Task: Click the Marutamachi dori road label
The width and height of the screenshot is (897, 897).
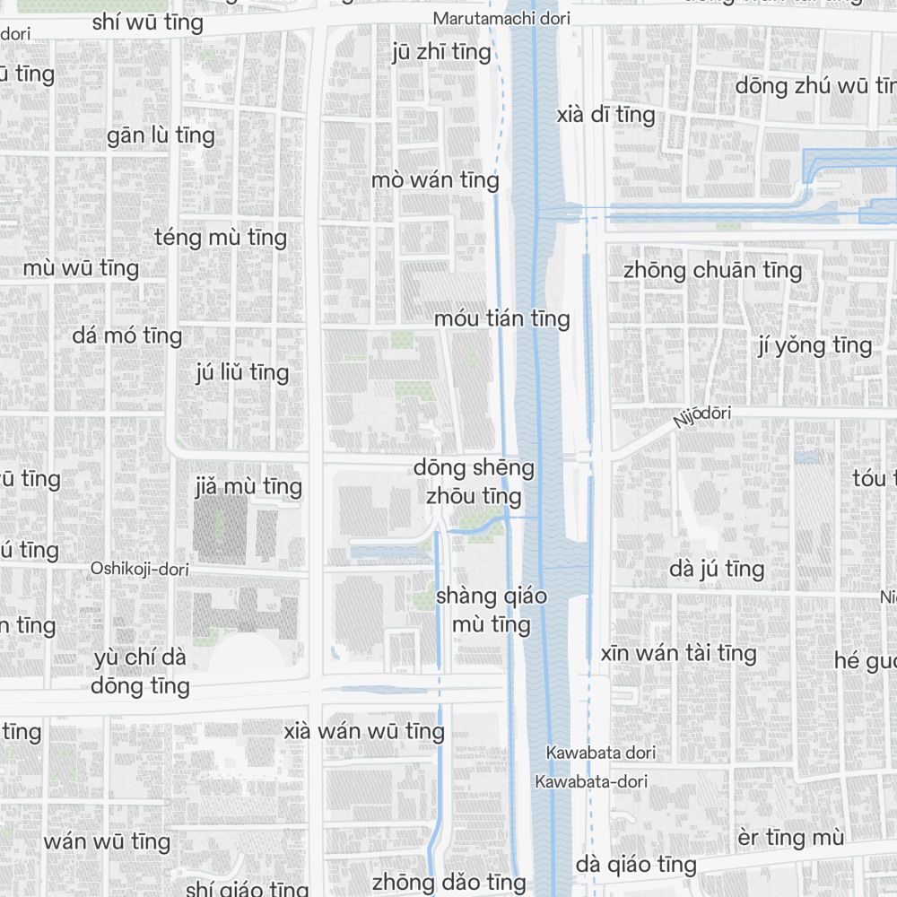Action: point(501,18)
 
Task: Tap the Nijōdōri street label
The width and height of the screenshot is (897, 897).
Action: point(702,416)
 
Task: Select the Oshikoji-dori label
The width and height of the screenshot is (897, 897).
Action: point(139,569)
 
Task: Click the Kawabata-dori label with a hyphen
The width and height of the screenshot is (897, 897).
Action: point(591,781)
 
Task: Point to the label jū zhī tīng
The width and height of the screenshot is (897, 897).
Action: point(442,52)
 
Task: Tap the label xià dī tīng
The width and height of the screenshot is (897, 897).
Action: point(605,115)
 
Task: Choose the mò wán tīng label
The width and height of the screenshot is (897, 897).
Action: point(435,180)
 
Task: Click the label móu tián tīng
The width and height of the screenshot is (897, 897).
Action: point(501,318)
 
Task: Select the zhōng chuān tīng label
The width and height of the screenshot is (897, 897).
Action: point(712,270)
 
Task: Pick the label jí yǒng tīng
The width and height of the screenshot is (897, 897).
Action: point(814,345)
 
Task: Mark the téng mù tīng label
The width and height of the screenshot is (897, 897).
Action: point(221,238)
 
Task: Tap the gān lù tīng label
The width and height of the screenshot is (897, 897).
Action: point(161,135)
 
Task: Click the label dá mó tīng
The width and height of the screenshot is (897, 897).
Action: point(127,336)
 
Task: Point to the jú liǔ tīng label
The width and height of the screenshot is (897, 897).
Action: point(242,372)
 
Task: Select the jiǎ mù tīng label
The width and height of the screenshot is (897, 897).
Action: point(248,487)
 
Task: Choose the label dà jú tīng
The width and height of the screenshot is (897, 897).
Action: point(717,569)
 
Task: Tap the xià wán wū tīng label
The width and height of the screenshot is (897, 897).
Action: point(364,731)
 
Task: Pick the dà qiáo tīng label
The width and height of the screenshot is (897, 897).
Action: point(636,865)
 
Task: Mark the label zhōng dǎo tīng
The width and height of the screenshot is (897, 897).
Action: point(448,882)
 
